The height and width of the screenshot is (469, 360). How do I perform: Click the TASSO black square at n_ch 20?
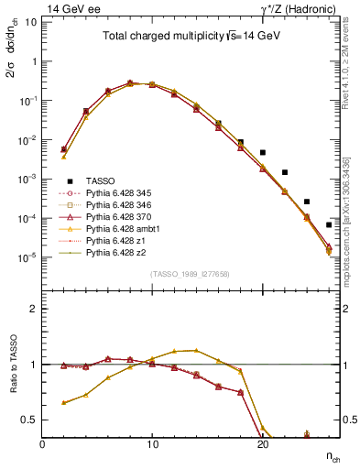pos(263,153)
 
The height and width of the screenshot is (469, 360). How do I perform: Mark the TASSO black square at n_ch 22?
pos(285,172)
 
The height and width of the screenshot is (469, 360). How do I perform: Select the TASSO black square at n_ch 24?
pos(307,202)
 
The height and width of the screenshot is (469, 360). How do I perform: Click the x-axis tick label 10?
pos(152,443)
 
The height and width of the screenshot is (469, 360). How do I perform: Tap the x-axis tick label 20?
pos(262,443)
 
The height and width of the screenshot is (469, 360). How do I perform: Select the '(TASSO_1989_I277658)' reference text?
pos(190,273)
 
